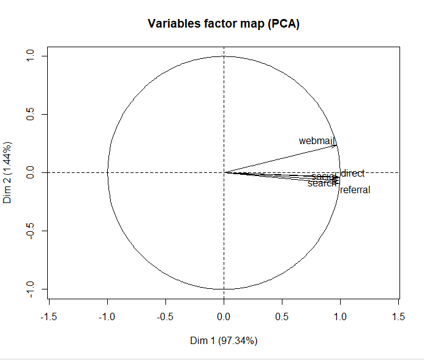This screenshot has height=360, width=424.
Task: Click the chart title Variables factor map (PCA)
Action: click(x=224, y=25)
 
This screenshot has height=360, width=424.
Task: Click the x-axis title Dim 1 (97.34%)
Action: click(x=224, y=340)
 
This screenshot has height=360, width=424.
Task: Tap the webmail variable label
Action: click(x=317, y=141)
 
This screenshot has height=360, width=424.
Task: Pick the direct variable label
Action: click(x=352, y=174)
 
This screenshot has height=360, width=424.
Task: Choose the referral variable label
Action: click(x=355, y=190)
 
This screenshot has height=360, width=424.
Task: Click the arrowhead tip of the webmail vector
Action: click(x=337, y=145)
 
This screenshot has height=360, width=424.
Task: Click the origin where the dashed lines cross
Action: click(x=224, y=172)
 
